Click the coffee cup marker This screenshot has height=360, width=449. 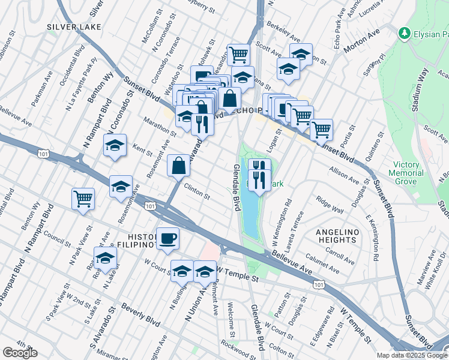pyautogui.click(x=167, y=239)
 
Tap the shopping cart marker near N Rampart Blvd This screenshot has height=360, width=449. pyautogui.click(x=83, y=199)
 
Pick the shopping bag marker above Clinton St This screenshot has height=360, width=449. pyautogui.click(x=179, y=166)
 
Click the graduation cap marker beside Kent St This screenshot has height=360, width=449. pyautogui.click(x=115, y=145)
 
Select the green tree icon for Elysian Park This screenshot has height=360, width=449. pyautogui.click(x=405, y=32)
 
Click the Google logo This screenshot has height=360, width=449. pyautogui.click(x=20, y=353)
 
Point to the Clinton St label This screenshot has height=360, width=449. pyautogui.click(x=197, y=192)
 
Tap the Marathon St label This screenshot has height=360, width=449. pyautogui.click(x=159, y=130)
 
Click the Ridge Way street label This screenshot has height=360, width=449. pyautogui.click(x=330, y=206)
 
